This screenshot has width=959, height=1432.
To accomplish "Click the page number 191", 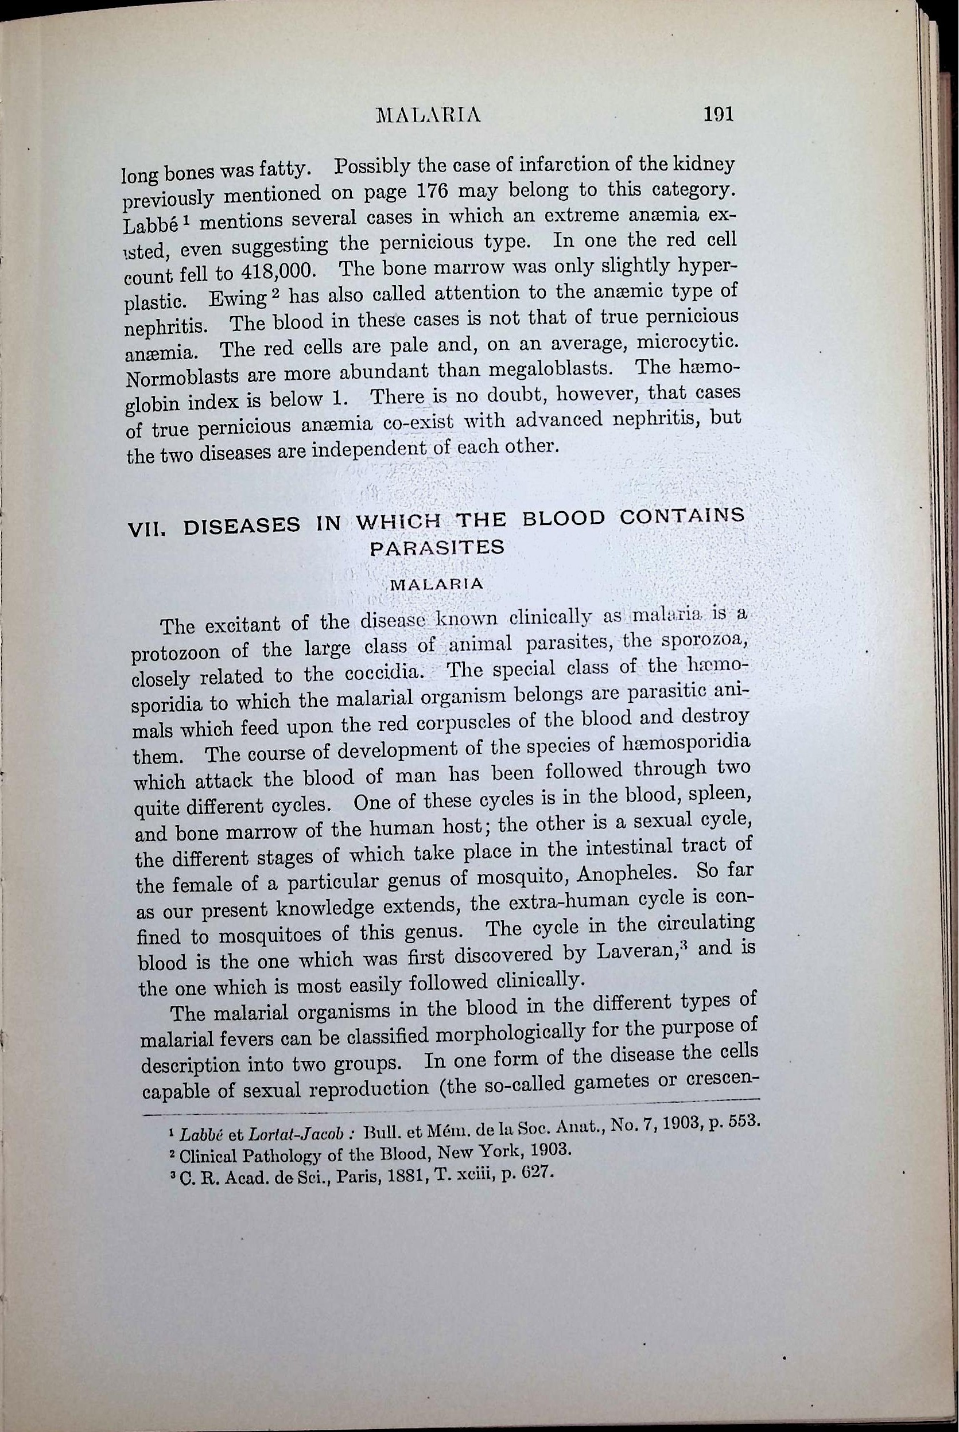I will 718,114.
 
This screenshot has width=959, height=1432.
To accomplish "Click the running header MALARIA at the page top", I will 429,115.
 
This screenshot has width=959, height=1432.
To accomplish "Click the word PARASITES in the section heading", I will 437,547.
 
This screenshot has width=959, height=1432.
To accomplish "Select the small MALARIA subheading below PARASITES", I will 437,583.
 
